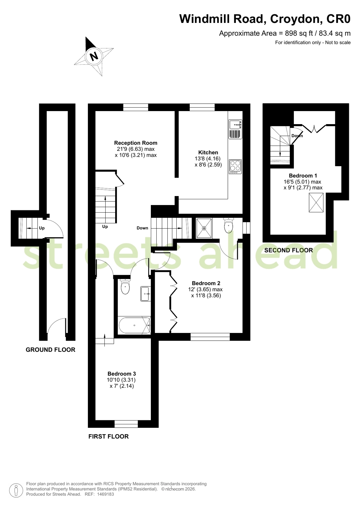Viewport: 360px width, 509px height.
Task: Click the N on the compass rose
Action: point(94,56)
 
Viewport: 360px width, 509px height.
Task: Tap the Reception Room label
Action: point(136,143)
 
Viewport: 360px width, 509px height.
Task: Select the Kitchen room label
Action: point(208,152)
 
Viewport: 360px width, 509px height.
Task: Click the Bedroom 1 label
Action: point(303,176)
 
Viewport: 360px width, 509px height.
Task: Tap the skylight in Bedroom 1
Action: point(316,203)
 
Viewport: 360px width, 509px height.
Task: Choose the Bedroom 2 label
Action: point(206,283)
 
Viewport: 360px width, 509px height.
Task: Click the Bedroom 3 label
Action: point(122,374)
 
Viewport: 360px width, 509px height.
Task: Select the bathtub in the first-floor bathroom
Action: point(135,325)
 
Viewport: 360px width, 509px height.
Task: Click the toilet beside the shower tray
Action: point(228,225)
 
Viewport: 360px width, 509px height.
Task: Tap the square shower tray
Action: point(204,228)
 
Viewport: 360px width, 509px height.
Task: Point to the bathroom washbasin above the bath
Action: point(145,294)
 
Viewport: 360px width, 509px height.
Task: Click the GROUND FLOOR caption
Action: point(51,350)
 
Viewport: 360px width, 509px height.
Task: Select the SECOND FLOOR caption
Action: point(289,251)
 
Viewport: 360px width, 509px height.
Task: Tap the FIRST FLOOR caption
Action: point(109,436)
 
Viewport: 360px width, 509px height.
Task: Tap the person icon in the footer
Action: point(16,491)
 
